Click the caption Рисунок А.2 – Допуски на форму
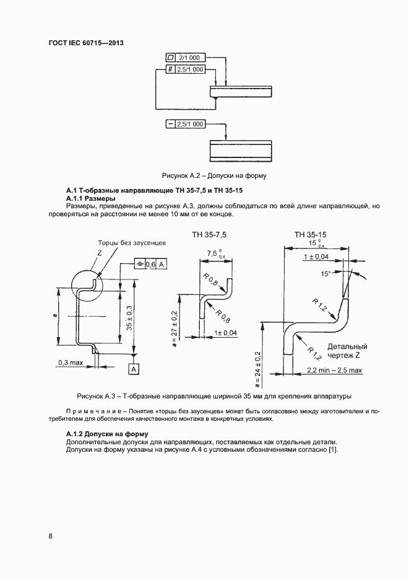[213, 175]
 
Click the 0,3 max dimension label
[71, 362]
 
